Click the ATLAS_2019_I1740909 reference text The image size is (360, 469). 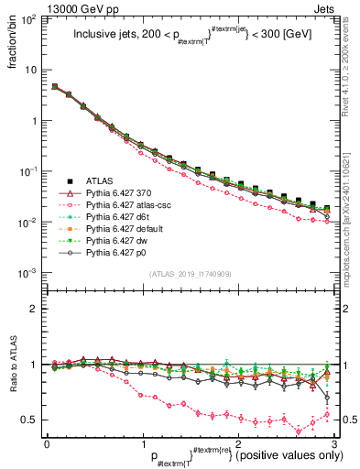[185, 276]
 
